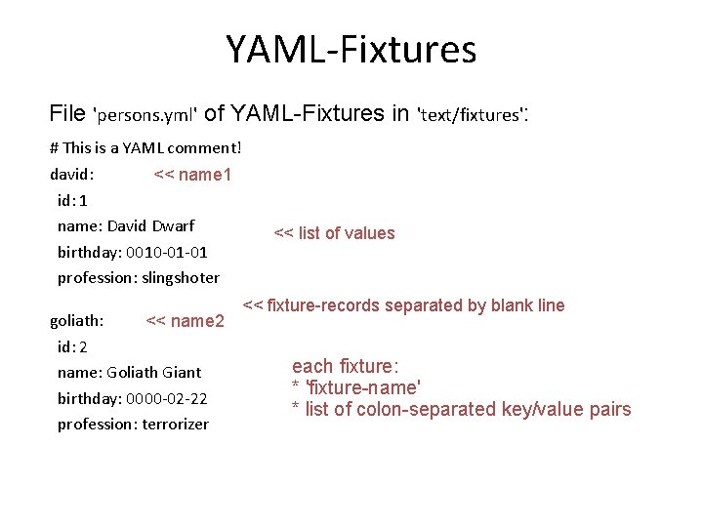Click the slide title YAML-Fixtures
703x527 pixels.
coord(351,49)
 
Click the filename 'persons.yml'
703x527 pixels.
coord(145,115)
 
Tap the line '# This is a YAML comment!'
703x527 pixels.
coord(145,149)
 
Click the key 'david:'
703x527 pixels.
coord(71,175)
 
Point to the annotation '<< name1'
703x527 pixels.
coord(192,176)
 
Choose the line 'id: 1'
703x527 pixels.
coord(72,201)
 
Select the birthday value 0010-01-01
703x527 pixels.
coord(167,252)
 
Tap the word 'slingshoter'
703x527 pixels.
coord(181,278)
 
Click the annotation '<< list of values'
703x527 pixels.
coord(334,233)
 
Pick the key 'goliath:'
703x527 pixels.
coord(77,320)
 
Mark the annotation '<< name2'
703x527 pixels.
coord(185,320)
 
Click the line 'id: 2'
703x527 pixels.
coord(72,346)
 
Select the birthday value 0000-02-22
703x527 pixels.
coord(167,398)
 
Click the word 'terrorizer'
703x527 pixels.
coord(176,425)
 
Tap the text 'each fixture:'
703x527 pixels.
coord(345,367)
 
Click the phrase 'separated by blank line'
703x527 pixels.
coord(475,305)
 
